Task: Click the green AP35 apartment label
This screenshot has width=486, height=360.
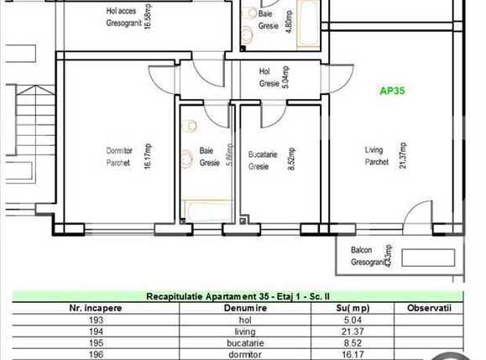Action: click(x=393, y=91)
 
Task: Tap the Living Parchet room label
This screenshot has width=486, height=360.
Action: click(x=375, y=156)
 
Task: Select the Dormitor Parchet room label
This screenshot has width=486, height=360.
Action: click(x=118, y=156)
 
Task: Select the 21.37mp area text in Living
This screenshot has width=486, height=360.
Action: click(x=403, y=154)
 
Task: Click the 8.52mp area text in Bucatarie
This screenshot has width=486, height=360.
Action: click(x=290, y=158)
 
